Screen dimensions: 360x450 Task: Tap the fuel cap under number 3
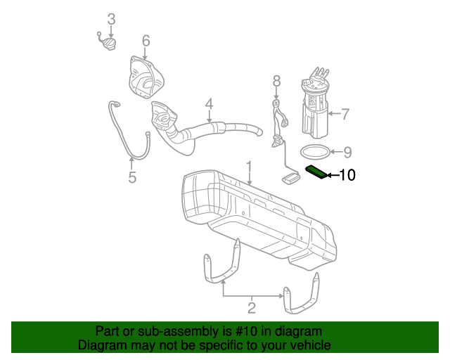click(x=108, y=44)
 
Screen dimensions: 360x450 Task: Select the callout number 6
click(x=146, y=41)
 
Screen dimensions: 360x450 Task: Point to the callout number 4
click(x=209, y=105)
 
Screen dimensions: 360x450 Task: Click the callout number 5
click(x=132, y=177)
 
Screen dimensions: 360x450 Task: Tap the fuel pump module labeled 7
click(x=315, y=105)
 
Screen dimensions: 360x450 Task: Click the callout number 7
click(x=345, y=112)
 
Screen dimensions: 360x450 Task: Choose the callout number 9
click(x=346, y=150)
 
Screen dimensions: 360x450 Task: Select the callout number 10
click(x=348, y=175)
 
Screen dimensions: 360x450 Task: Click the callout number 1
click(x=248, y=166)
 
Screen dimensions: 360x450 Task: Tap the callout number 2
click(x=251, y=307)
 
